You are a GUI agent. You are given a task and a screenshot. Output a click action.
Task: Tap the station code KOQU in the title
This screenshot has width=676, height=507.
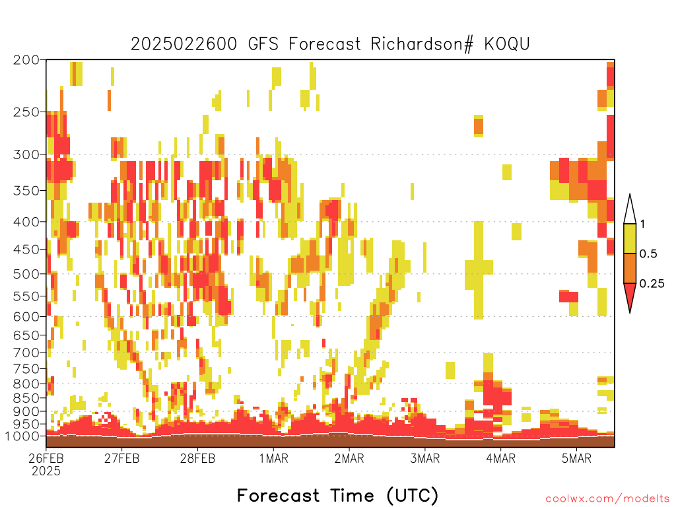pyautogui.click(x=507, y=44)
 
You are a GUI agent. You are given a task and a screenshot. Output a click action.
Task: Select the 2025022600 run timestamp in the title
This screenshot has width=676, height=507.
pyautogui.click(x=184, y=44)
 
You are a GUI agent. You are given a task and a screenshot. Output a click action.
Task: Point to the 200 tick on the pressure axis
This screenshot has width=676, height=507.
pyautogui.click(x=26, y=60)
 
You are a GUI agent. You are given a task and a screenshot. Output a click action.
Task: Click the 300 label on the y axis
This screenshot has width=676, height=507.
pyautogui.click(x=26, y=154)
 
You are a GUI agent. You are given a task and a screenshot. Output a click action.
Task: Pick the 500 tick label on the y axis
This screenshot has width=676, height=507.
pyautogui.click(x=26, y=274)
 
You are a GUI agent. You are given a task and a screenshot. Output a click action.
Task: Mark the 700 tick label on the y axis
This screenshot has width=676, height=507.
pyautogui.click(x=26, y=353)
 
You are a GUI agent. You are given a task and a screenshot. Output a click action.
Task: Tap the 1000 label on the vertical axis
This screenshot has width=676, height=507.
pyautogui.click(x=22, y=436)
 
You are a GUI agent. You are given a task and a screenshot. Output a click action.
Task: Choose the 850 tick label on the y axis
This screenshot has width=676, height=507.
pyautogui.click(x=26, y=397)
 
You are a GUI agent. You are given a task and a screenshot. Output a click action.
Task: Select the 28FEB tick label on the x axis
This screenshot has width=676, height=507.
pyautogui.click(x=197, y=458)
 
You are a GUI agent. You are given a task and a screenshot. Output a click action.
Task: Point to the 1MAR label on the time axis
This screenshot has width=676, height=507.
pyautogui.click(x=273, y=458)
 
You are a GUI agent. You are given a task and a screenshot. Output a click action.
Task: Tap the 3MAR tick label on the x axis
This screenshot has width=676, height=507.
pyautogui.click(x=424, y=458)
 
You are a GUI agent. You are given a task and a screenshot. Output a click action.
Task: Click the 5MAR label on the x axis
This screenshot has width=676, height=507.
pyautogui.click(x=576, y=458)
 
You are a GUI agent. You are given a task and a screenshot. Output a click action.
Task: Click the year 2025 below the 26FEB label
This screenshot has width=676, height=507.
pyautogui.click(x=46, y=471)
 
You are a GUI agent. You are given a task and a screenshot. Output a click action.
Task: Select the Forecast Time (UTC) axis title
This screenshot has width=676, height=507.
pyautogui.click(x=337, y=495)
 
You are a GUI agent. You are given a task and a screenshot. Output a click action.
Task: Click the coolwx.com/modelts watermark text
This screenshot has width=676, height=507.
pyautogui.click(x=608, y=499)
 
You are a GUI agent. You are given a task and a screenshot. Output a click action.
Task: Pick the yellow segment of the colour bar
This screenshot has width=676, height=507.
pyautogui.click(x=630, y=238)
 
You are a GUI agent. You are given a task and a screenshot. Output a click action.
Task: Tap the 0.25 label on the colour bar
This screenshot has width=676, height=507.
pyautogui.click(x=652, y=283)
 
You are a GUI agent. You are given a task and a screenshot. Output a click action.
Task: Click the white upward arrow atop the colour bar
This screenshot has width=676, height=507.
pyautogui.click(x=630, y=209)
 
